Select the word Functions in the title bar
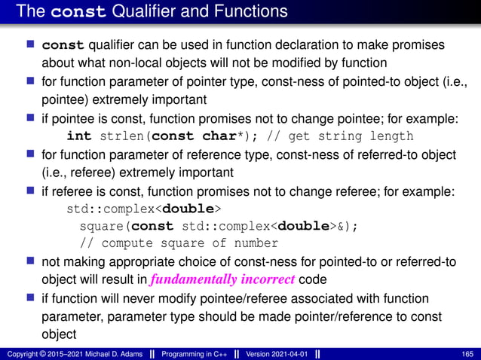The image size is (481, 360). click(x=253, y=11)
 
